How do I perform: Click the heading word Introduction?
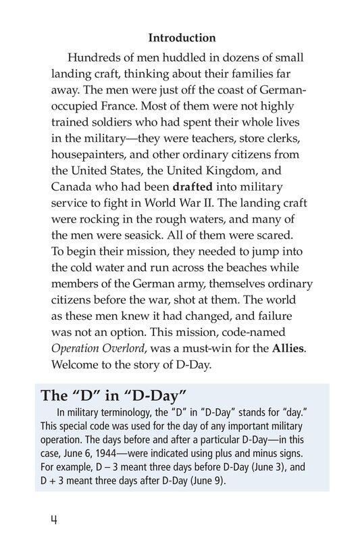click(x=182, y=38)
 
